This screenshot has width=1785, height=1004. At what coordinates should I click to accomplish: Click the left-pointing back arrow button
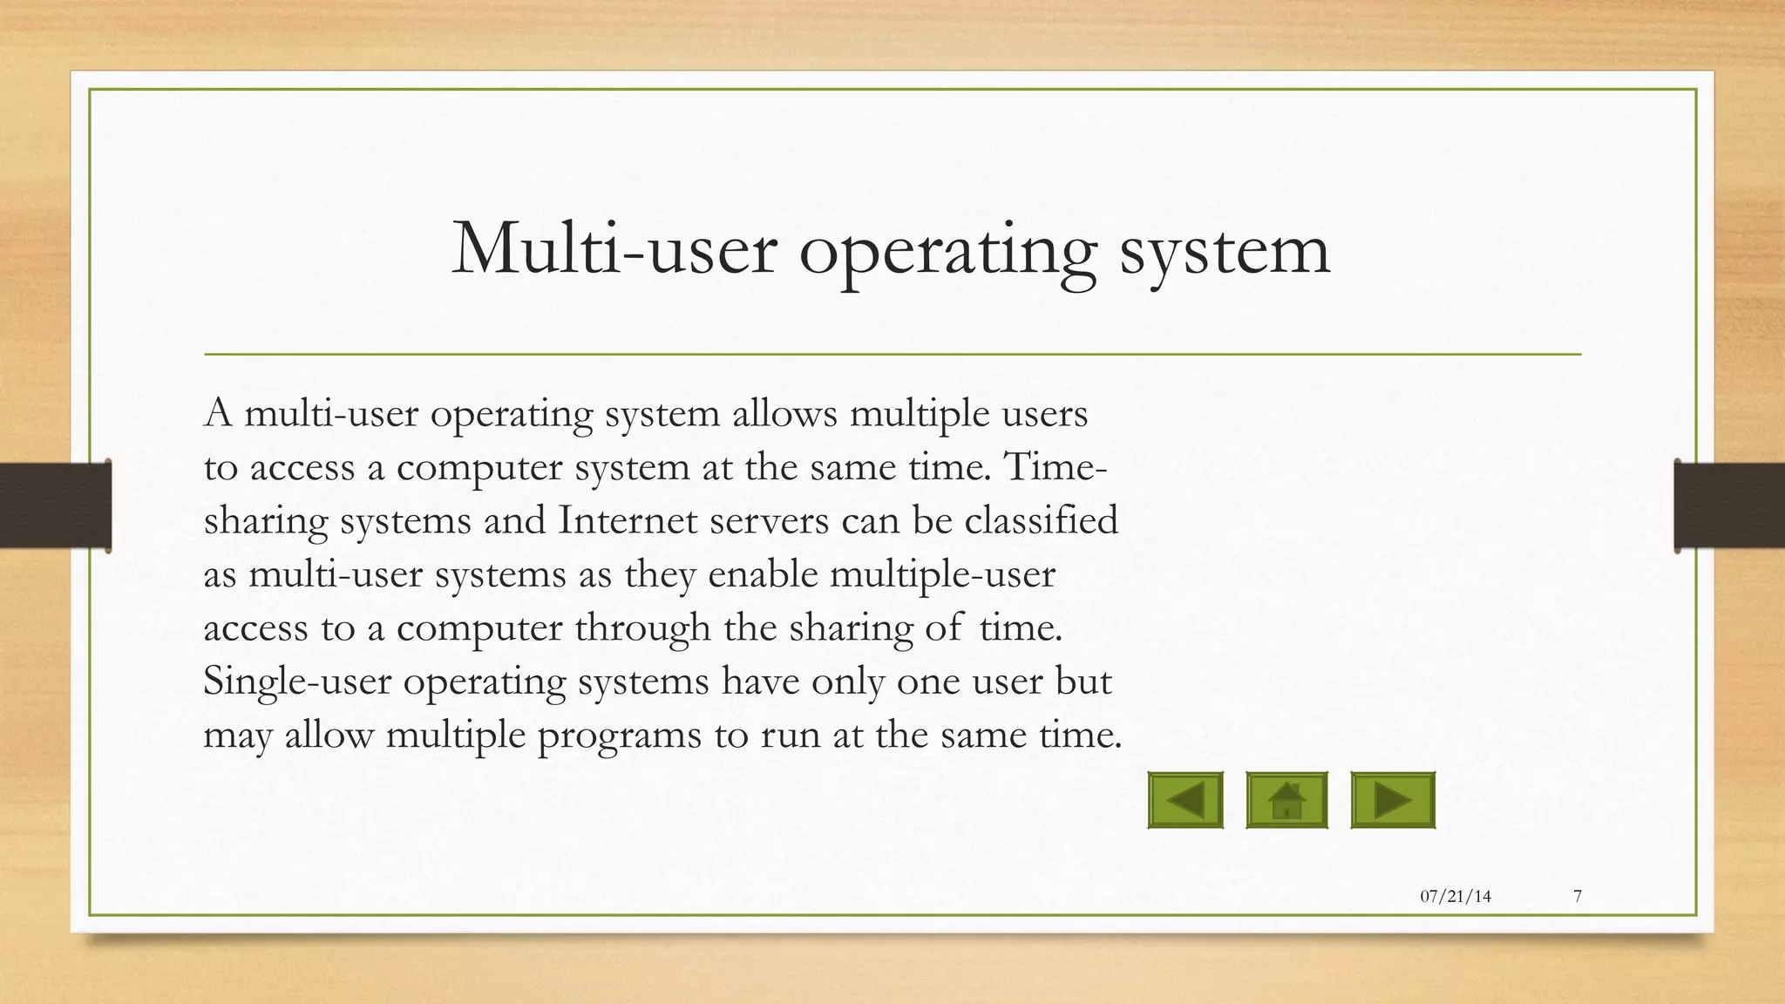click(x=1185, y=800)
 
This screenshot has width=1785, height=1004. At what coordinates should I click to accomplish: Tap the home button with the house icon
click(x=1286, y=800)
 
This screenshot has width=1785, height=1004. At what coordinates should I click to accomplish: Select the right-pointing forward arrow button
click(x=1392, y=800)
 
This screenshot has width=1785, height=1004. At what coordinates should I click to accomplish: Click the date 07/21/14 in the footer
click(x=1456, y=896)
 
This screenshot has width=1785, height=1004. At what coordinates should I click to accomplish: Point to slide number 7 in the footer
click(x=1578, y=896)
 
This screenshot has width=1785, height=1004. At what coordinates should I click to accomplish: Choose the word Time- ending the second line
click(x=1055, y=466)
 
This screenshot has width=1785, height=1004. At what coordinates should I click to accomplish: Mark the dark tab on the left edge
click(x=55, y=505)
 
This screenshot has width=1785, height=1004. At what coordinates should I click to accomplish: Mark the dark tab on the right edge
click(x=1729, y=505)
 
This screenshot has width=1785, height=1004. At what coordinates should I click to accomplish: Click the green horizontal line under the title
click(x=892, y=355)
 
